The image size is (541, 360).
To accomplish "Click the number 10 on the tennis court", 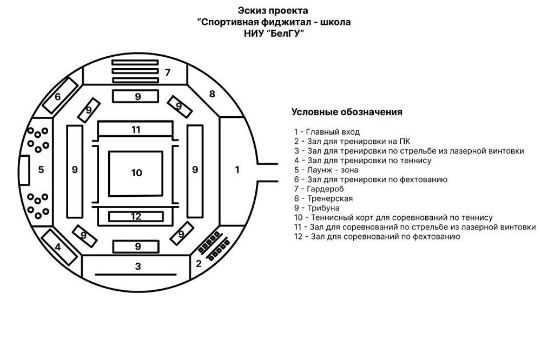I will (x=136, y=173).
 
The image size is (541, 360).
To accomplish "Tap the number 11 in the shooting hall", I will (x=136, y=130).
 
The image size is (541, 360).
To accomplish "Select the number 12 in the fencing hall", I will (x=136, y=216).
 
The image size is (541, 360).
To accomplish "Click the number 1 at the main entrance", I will (x=237, y=170).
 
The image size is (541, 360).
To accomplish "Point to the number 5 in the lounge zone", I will (x=41, y=170).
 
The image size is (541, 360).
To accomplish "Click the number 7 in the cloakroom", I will (x=168, y=72).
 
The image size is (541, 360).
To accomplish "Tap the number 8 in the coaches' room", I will (x=212, y=94).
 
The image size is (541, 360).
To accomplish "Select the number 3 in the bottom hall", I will (x=138, y=266).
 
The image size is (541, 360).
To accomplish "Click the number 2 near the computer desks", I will (x=199, y=264).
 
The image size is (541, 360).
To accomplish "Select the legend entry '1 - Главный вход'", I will (x=327, y=132).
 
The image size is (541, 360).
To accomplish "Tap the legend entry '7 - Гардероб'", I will (x=319, y=189).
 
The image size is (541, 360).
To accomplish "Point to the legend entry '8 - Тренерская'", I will (x=324, y=198).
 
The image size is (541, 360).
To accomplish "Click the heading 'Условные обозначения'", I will (x=347, y=112).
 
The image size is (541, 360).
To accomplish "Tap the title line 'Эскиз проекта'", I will (x=274, y=10).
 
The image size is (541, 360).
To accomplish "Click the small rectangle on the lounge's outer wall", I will (x=24, y=169).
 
